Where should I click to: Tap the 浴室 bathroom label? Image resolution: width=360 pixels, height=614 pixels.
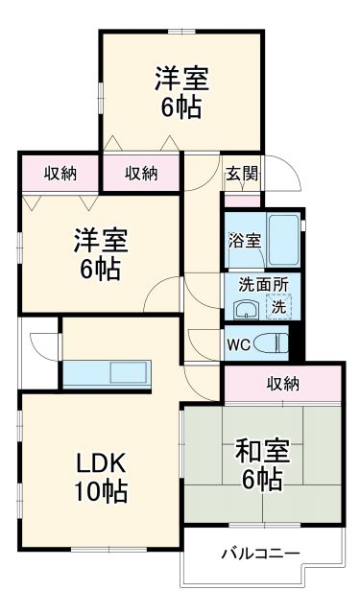click(244, 241)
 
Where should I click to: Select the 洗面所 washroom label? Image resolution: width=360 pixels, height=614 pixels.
click(257, 284)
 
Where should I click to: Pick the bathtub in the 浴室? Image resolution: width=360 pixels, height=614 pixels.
click(282, 240)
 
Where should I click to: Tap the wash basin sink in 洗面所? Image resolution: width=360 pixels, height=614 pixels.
click(245, 309)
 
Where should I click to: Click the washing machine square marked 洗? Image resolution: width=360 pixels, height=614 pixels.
click(276, 309)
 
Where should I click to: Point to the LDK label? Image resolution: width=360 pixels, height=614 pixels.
click(102, 463)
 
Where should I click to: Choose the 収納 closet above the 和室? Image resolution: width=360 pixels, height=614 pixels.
click(282, 384)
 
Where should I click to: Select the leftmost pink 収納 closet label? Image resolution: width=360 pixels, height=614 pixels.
click(60, 173)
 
